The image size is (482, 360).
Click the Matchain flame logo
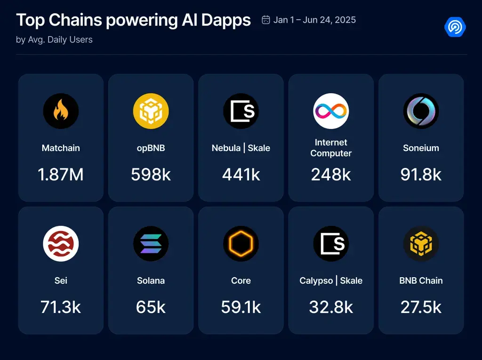click(x=61, y=111)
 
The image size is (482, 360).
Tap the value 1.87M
click(x=61, y=175)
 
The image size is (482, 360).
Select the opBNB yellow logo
click(x=151, y=111)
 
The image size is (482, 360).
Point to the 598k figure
click(x=151, y=175)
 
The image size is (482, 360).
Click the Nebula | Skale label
click(x=241, y=148)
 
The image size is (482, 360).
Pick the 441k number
click(x=241, y=175)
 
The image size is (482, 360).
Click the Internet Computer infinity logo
click(x=331, y=111)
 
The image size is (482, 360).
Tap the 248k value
click(x=331, y=175)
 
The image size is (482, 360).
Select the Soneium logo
click(x=421, y=111)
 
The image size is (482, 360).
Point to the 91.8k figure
click(x=421, y=175)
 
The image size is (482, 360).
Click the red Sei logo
click(x=61, y=244)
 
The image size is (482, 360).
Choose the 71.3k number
click(x=61, y=307)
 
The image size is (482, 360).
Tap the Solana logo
click(x=151, y=244)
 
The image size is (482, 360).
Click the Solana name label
click(x=151, y=280)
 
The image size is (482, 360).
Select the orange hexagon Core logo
click(x=241, y=244)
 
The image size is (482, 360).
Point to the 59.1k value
click(x=241, y=307)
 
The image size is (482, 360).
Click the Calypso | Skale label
click(x=331, y=280)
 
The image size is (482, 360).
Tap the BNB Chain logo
click(x=421, y=244)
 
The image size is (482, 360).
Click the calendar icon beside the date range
click(x=266, y=20)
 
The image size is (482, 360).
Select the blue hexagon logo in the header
click(x=455, y=27)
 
